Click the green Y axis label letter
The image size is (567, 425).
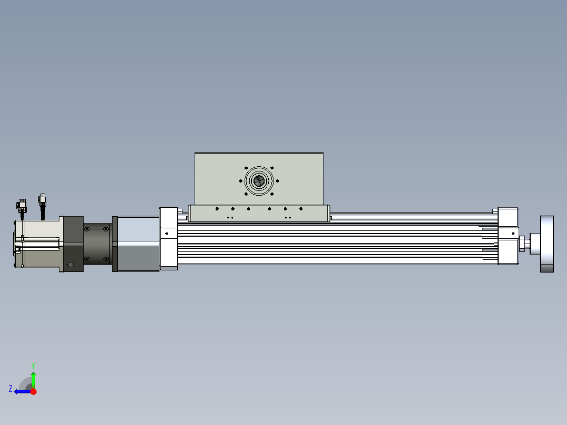(33, 366)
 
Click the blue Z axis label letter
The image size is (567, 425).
(11, 389)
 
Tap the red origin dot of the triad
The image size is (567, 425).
(33, 391)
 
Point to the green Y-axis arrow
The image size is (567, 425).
(33, 380)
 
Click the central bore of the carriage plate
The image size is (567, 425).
(259, 181)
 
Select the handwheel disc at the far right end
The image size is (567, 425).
(547, 244)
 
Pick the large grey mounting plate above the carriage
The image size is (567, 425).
(259, 179)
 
